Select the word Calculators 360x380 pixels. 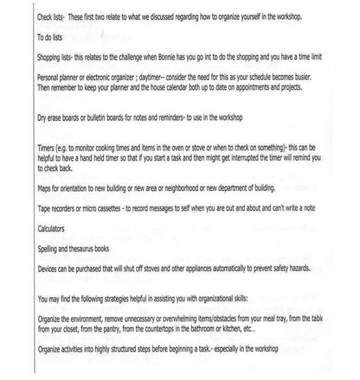coord(51,229)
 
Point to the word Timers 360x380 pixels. coord(47,147)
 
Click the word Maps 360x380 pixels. coord(45,188)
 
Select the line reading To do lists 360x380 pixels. coord(50,38)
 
